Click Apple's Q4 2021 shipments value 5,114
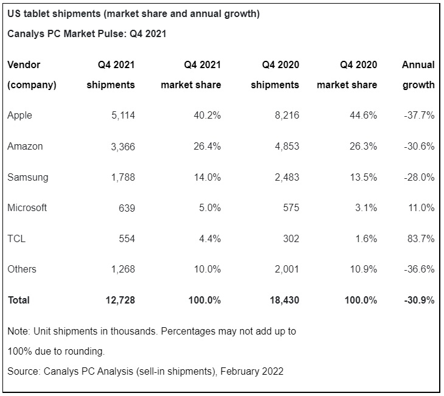[119, 115]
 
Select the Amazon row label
[25, 146]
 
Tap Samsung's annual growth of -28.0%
[419, 177]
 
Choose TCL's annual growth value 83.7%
[421, 238]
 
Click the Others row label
[22, 269]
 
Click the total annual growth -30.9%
[418, 300]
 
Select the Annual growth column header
[418, 75]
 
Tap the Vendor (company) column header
[32, 75]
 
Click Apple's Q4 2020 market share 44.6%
[362, 115]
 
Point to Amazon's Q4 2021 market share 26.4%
[206, 146]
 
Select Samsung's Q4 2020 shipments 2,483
[284, 177]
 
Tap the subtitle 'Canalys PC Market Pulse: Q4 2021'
[86, 34]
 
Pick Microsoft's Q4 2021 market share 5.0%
[209, 207]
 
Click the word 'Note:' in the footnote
[19, 332]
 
